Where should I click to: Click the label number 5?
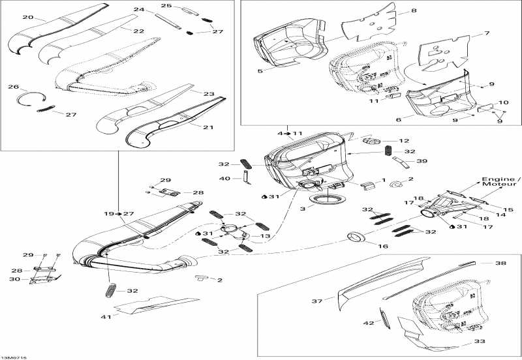260,70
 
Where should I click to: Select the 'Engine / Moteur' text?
501,182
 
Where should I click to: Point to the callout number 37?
317,301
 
